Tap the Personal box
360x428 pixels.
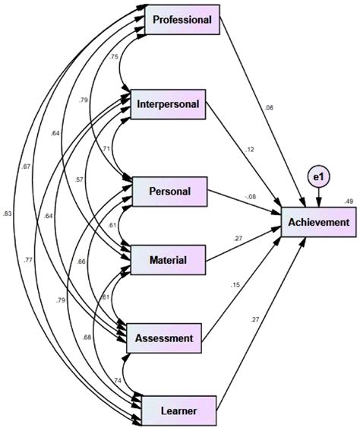click(171, 189)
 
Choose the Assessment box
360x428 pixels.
click(169, 337)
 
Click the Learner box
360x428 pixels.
click(169, 411)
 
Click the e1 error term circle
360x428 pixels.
click(318, 177)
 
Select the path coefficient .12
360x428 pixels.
click(250, 148)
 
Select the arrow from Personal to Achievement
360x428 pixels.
click(243, 204)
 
